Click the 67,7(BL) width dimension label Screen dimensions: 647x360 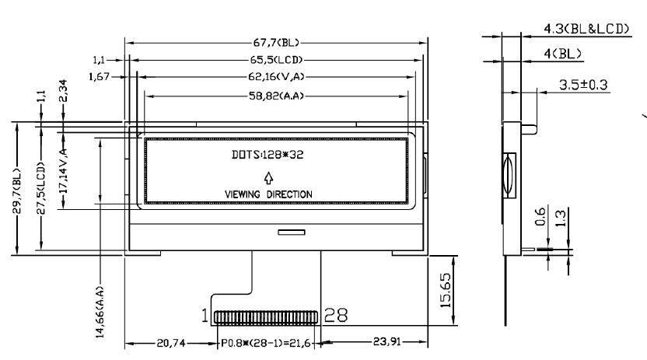(x=276, y=43)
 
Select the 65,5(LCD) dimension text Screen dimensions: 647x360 (x=276, y=60)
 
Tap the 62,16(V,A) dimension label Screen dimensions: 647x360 (x=277, y=77)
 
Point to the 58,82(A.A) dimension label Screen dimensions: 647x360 (x=276, y=96)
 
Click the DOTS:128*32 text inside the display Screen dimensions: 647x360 (x=268, y=155)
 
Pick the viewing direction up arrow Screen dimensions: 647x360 (x=268, y=178)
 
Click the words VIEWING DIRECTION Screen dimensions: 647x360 (x=268, y=194)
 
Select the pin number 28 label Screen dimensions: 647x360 (x=336, y=316)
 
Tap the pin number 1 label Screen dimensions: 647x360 (x=205, y=316)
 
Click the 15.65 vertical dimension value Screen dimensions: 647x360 (x=446, y=290)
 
